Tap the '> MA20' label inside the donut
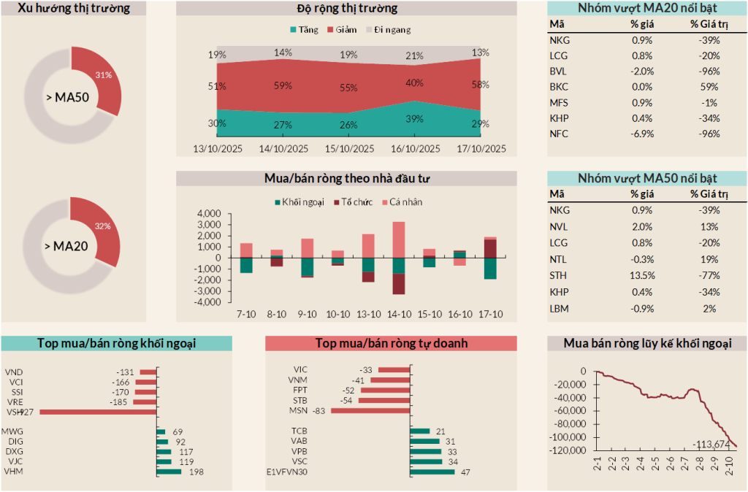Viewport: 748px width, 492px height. (x=71, y=246)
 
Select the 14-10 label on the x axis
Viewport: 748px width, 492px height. (x=398, y=314)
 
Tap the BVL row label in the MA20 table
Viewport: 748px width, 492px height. (x=559, y=72)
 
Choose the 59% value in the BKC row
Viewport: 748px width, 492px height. (x=705, y=87)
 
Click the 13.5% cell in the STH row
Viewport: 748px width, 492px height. (x=642, y=276)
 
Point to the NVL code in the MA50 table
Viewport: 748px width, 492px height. (x=559, y=226)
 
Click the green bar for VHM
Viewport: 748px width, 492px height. (x=169, y=472)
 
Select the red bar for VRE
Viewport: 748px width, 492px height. (x=146, y=401)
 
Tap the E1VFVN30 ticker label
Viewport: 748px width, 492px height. (x=287, y=472)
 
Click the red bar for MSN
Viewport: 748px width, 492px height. (x=370, y=410)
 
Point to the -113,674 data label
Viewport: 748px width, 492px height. (x=711, y=444)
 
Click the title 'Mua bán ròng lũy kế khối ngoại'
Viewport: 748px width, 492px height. (x=647, y=343)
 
